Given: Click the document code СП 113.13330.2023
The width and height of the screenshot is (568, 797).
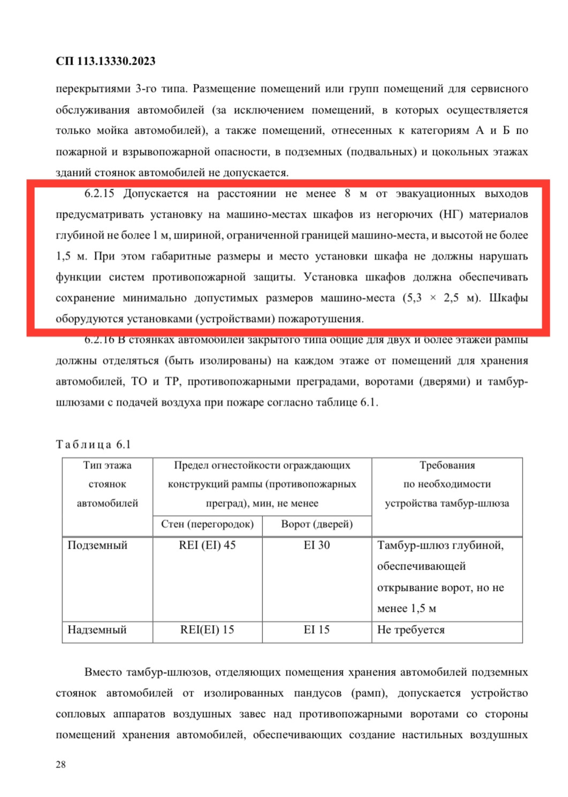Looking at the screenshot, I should click(x=105, y=61).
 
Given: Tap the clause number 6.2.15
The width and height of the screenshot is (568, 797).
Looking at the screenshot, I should click(x=99, y=194).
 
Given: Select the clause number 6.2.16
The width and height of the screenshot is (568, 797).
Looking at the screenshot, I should click(x=99, y=340).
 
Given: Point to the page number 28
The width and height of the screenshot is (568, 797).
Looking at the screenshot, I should click(x=60, y=764).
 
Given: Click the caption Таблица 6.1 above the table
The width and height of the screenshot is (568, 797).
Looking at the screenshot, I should click(x=93, y=445).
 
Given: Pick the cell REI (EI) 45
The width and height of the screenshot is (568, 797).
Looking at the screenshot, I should click(x=207, y=545).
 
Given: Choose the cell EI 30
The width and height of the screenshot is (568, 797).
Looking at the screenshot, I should click(x=316, y=545).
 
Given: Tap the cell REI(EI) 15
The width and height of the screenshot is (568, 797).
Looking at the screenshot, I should click(x=207, y=630).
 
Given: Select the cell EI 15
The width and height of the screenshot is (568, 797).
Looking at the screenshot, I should click(x=316, y=630).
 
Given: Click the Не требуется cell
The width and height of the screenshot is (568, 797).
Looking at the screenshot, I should click(x=411, y=630).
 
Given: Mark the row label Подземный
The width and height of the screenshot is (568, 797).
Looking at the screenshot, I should click(x=97, y=545).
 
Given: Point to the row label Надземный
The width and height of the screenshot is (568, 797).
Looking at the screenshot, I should click(x=97, y=630).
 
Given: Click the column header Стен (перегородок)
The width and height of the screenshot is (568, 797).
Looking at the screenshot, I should click(x=207, y=524).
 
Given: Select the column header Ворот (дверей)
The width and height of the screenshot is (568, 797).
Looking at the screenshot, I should click(x=316, y=524).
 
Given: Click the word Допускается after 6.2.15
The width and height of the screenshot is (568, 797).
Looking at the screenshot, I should click(x=156, y=194).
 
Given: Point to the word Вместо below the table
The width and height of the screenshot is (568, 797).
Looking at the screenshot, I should click(x=105, y=672).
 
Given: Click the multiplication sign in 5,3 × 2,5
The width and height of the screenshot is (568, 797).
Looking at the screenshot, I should click(x=433, y=298).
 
